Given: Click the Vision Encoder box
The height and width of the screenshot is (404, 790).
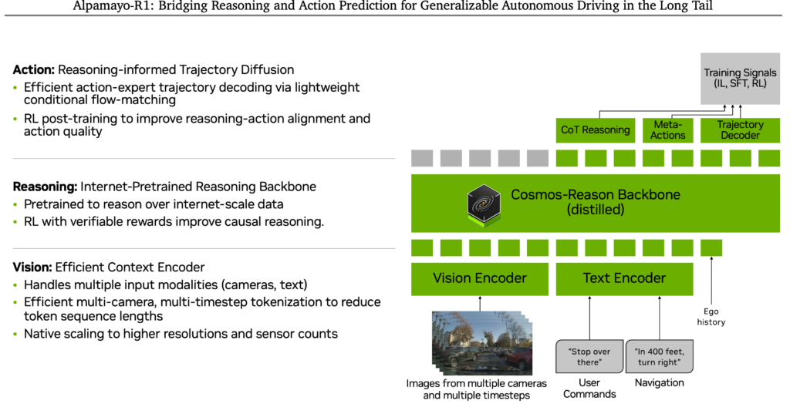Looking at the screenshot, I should point(479,278).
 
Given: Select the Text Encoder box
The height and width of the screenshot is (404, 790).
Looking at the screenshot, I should point(624,278).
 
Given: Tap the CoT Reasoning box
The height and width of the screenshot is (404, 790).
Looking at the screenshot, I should point(595,130).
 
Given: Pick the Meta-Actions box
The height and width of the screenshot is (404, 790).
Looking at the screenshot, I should point(667,130).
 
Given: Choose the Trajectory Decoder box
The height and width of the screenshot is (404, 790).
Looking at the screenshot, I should point(740,130).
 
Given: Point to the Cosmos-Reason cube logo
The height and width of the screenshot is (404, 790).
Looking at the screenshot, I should point(484,203).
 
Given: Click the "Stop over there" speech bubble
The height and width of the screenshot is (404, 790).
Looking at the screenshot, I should point(589,357).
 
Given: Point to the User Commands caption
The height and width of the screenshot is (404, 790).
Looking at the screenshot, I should point(589,388).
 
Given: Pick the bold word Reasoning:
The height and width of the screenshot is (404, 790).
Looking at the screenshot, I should point(44,187).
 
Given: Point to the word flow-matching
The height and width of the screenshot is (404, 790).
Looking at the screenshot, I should point(139,100).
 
